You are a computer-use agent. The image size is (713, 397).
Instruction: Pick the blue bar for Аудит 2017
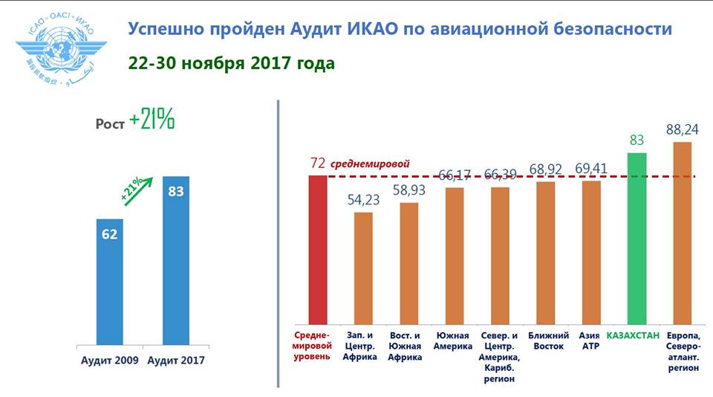[x=176, y=260]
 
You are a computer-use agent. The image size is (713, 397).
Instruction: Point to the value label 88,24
[x=682, y=129]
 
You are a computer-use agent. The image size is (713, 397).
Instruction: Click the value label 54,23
[x=364, y=200]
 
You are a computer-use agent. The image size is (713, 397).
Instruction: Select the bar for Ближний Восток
[x=545, y=253]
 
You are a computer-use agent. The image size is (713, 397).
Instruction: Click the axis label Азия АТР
[x=591, y=340]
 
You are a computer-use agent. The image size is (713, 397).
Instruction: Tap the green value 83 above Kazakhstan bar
[x=637, y=141]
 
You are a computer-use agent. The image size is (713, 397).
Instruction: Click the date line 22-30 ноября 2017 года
[x=231, y=63]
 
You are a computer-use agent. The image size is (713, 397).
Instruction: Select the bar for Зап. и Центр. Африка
[x=363, y=268]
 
